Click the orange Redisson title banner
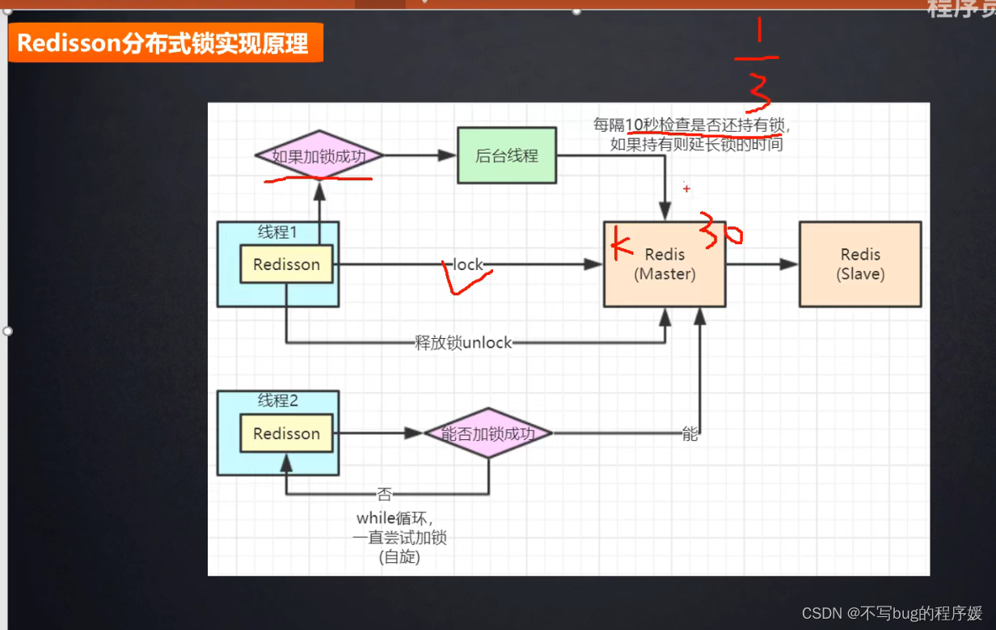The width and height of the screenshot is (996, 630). (x=165, y=43)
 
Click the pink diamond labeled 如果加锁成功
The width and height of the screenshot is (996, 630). (x=319, y=156)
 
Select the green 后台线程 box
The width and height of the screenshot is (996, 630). (x=506, y=156)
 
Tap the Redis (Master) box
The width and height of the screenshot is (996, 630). (x=664, y=264)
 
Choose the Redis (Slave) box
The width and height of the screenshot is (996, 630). (x=859, y=264)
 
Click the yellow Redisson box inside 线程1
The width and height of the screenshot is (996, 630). (x=286, y=264)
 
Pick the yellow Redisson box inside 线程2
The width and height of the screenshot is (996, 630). (x=286, y=433)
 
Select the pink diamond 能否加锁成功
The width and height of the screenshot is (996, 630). (x=487, y=433)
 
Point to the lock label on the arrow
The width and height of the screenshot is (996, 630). (x=467, y=264)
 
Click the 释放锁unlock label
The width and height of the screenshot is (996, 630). (x=463, y=343)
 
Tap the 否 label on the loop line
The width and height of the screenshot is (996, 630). (x=384, y=493)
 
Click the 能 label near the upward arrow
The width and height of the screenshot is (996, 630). (x=690, y=434)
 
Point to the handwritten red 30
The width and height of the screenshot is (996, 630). (x=721, y=231)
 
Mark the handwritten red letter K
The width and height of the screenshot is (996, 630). (x=620, y=243)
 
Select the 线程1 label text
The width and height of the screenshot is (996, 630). (x=277, y=232)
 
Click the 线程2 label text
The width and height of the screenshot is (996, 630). (x=277, y=400)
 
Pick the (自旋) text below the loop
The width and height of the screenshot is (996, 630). (x=399, y=557)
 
